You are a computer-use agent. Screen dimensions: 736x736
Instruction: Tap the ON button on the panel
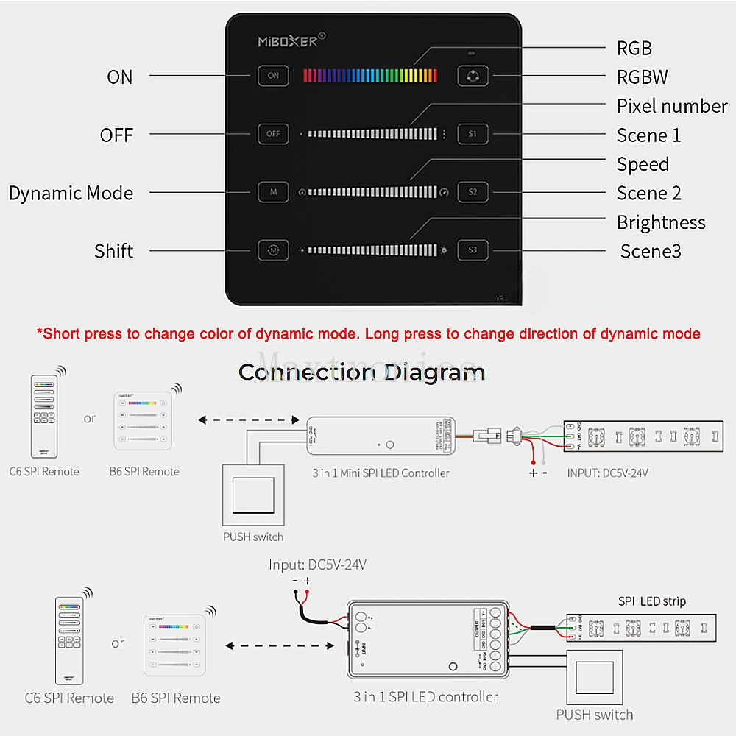tap(273, 76)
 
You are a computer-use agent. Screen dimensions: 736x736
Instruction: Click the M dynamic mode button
tap(273, 192)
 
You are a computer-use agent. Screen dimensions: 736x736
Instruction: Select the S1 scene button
tap(473, 134)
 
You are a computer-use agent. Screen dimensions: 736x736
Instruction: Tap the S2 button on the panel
tap(473, 192)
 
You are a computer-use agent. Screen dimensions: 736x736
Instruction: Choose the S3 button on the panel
tap(473, 250)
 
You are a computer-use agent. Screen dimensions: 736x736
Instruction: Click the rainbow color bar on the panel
tap(370, 75)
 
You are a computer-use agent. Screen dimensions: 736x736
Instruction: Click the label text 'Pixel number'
tap(671, 106)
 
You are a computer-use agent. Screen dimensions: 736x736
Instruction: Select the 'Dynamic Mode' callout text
tap(71, 193)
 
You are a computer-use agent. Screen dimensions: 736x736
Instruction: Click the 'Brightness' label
tap(660, 222)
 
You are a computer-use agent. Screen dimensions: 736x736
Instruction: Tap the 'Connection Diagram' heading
tap(361, 372)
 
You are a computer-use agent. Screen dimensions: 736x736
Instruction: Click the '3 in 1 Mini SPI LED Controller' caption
tap(381, 473)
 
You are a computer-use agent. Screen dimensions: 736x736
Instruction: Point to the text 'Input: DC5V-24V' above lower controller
tap(317, 565)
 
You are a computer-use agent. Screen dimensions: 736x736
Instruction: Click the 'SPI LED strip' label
tap(651, 601)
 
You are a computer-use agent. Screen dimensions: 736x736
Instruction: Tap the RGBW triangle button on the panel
tap(473, 76)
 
